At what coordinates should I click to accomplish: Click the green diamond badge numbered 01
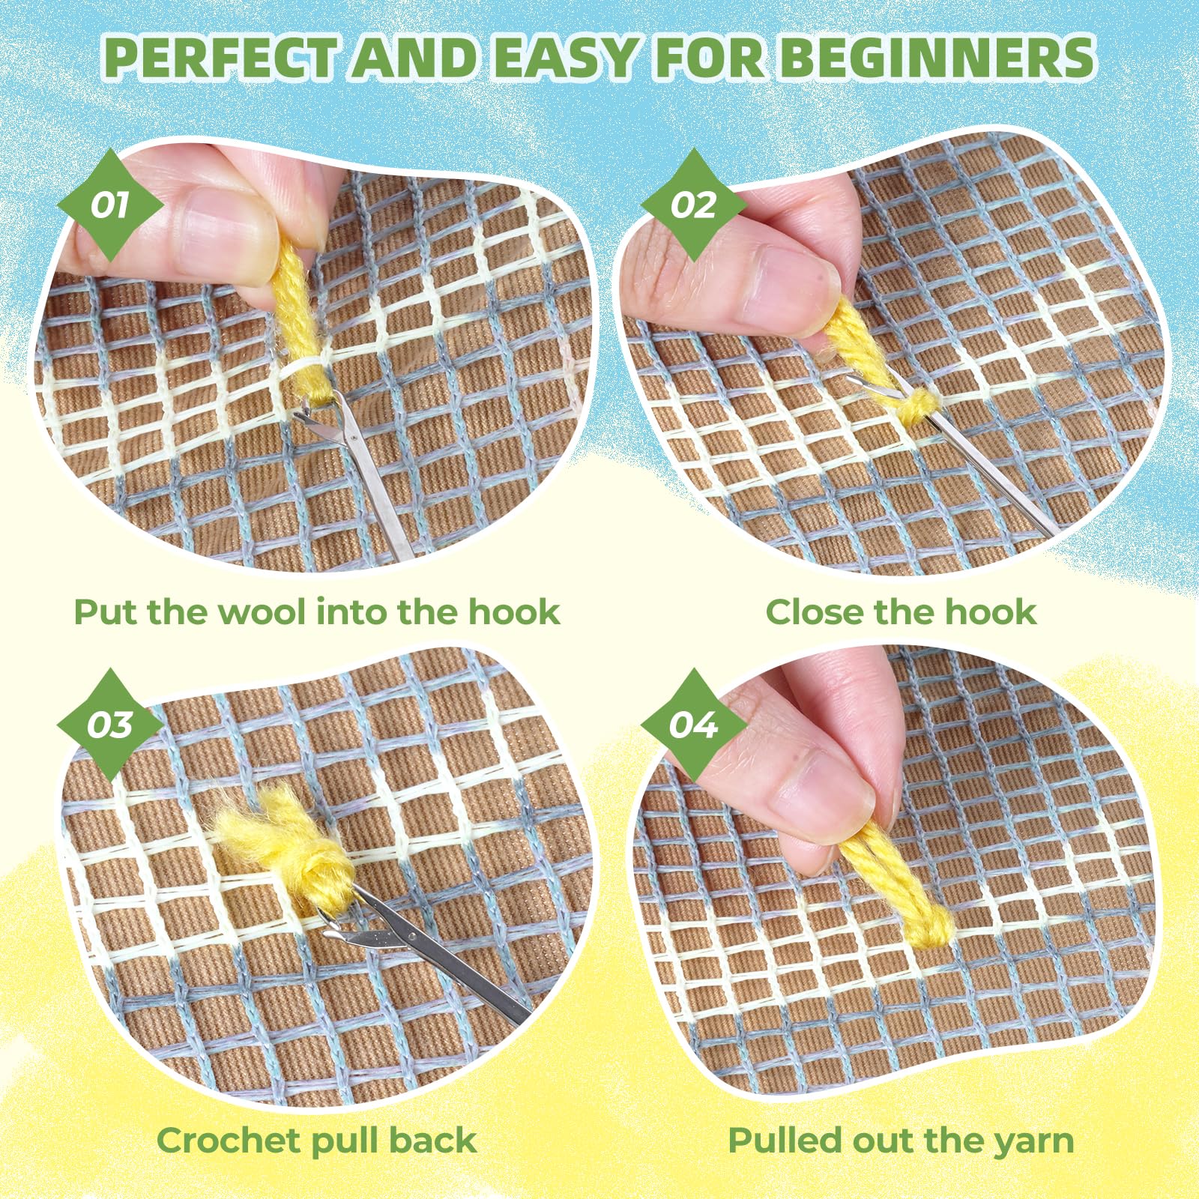coord(111,205)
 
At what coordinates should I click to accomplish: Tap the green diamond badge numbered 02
coord(693,205)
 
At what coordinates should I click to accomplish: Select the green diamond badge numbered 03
coord(110,725)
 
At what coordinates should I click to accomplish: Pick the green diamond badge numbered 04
coord(694,725)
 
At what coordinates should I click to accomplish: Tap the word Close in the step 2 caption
coord(814,611)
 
